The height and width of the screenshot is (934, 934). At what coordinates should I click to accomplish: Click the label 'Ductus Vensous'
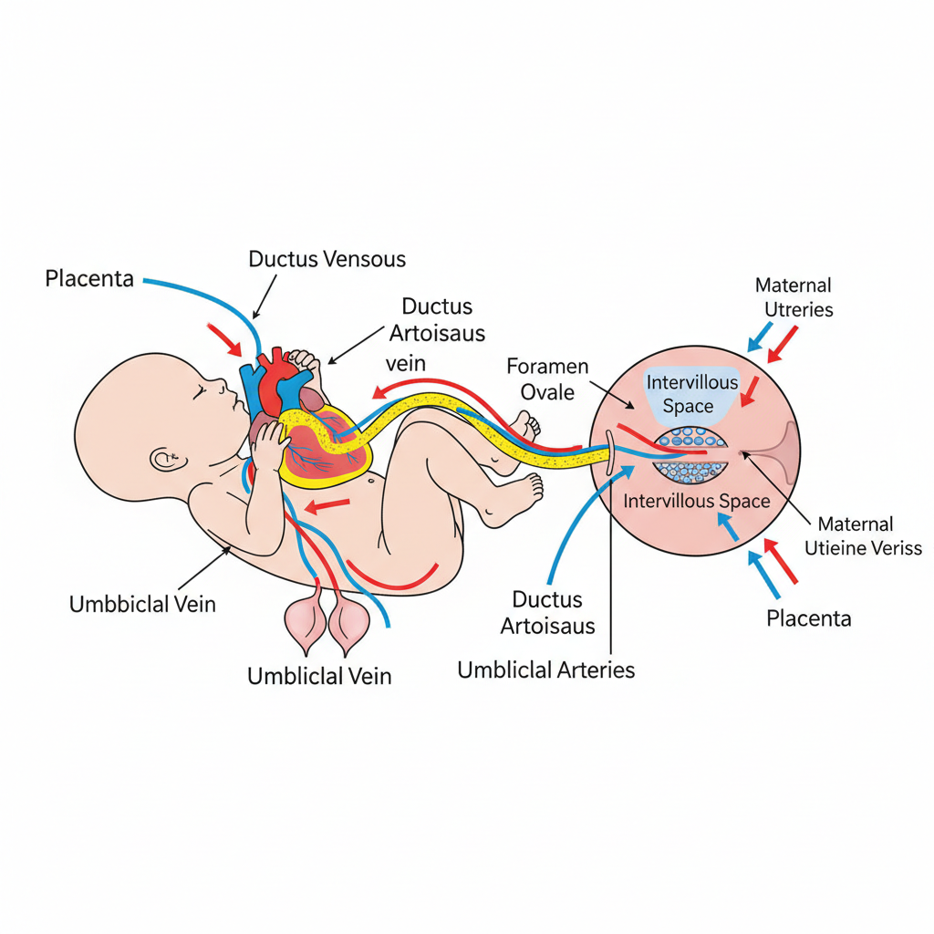coord(327,259)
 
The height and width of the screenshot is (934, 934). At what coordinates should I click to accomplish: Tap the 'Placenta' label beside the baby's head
coord(89,278)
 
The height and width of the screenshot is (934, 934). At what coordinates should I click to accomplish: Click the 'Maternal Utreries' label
coord(794,297)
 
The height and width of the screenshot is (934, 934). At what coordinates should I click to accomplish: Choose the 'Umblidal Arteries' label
coord(545,669)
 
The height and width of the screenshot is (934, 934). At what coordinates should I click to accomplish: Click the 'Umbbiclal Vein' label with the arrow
coord(142,603)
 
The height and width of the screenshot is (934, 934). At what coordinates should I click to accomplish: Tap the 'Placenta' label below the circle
coord(808,618)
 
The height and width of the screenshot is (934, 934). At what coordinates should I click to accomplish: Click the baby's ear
coord(165,458)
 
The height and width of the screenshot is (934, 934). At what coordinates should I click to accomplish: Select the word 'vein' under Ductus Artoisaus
coord(406,363)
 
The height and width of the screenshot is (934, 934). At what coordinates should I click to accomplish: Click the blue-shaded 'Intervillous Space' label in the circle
coord(692,394)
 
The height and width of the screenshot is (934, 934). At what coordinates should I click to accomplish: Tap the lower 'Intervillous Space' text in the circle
coord(697,501)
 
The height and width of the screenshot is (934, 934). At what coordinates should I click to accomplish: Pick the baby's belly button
coord(371,478)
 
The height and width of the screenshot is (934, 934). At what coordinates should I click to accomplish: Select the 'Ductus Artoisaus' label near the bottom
coord(547,612)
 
